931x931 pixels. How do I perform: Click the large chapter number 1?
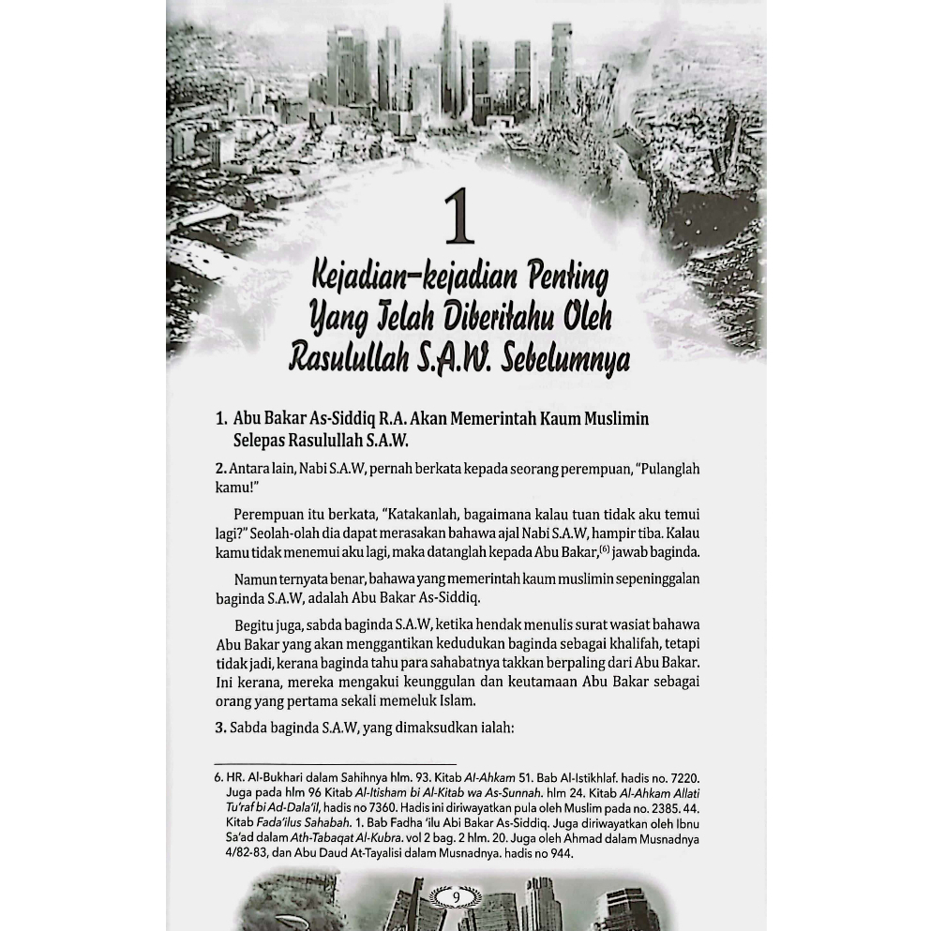tap(458, 218)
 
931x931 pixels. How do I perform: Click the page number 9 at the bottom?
tap(456, 897)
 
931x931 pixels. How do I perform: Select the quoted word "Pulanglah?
tap(668, 469)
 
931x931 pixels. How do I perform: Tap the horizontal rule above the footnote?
tap(335, 764)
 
